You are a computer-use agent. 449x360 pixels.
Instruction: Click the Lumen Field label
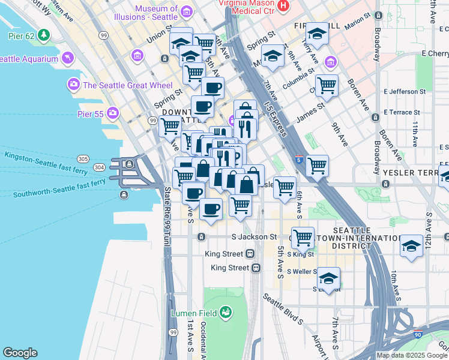point(193,313)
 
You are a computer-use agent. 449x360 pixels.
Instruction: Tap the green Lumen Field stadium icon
point(226,312)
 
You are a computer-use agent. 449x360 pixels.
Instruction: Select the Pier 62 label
point(19,35)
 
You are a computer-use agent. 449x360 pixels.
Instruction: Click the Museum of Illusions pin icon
point(186,12)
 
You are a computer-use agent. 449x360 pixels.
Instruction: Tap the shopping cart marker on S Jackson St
point(303,237)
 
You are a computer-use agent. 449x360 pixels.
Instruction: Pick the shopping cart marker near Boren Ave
point(327,85)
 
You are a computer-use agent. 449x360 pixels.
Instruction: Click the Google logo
point(20,353)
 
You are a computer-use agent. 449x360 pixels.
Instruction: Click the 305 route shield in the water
point(83,158)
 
